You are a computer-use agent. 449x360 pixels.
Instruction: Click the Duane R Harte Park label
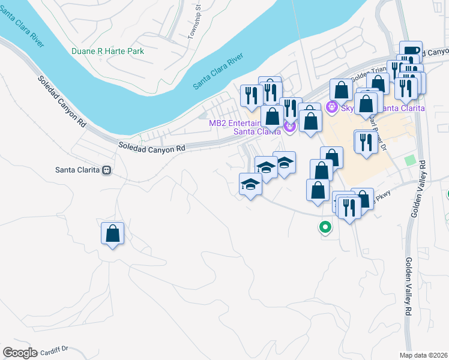coord(107,52)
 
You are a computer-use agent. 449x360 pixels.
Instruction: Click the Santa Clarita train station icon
coord(107,170)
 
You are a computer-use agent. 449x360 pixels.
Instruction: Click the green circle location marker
coord(325,227)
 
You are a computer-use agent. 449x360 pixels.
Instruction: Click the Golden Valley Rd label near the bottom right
coord(408,287)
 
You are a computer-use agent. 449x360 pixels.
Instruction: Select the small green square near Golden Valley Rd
coord(410,161)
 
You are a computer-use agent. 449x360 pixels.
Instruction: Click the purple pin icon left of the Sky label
coord(330,107)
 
